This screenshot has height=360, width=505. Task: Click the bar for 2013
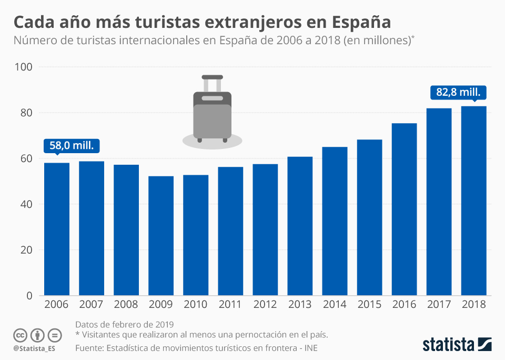pos(300,226)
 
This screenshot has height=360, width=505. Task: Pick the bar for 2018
pos(473,201)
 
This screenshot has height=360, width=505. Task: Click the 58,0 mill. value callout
pos(71,146)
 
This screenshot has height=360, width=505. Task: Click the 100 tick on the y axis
pos(24,67)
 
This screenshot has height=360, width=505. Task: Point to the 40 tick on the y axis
pos(27,204)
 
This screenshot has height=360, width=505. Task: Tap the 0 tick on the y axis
pos(29,296)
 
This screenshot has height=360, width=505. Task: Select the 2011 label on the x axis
pos(230,304)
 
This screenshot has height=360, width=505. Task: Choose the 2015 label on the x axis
pos(369,304)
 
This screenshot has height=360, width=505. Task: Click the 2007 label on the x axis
pos(92,304)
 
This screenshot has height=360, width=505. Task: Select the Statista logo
pos(457,345)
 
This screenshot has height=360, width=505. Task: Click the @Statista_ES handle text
pos(34,348)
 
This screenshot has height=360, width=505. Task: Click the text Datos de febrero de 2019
pos(124,324)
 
